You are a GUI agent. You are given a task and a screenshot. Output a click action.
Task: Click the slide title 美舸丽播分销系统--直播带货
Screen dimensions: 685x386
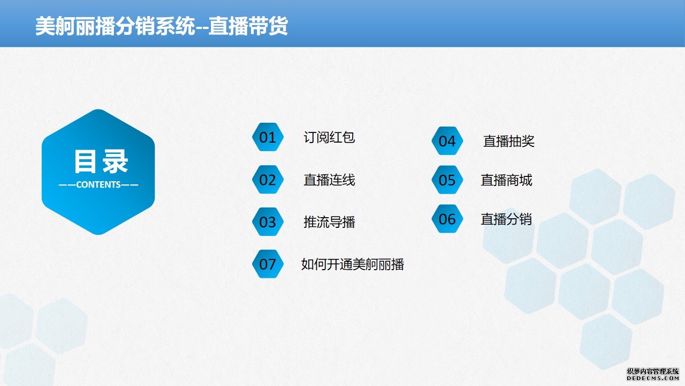pyautogui.click(x=162, y=26)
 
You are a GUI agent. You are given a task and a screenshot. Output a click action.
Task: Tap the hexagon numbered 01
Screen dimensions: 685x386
pyautogui.click(x=268, y=137)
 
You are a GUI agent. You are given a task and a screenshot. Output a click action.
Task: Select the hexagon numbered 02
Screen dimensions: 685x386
pyautogui.click(x=268, y=180)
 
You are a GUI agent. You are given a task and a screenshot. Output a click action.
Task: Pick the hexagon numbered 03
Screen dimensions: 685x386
pyautogui.click(x=268, y=222)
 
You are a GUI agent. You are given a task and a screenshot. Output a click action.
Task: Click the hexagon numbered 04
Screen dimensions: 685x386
pyautogui.click(x=447, y=141)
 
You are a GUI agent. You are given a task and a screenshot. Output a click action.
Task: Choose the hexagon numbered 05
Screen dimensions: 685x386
pyautogui.click(x=447, y=180)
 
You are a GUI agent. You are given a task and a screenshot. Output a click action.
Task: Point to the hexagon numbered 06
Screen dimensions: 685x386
pyautogui.click(x=447, y=219)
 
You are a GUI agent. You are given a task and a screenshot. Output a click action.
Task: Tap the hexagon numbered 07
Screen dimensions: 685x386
pyautogui.click(x=268, y=264)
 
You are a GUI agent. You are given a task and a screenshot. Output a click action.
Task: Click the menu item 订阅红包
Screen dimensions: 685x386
pyautogui.click(x=329, y=137)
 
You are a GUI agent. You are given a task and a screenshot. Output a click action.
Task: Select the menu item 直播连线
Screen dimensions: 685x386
pyautogui.click(x=329, y=180)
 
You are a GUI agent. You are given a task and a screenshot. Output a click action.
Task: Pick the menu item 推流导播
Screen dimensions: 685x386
pyautogui.click(x=329, y=222)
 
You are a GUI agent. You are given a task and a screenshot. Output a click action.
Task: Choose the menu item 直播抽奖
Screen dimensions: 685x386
pyautogui.click(x=508, y=141)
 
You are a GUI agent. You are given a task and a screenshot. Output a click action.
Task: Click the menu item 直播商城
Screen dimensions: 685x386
pyautogui.click(x=506, y=180)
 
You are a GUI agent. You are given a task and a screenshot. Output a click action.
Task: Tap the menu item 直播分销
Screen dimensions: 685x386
pyautogui.click(x=506, y=219)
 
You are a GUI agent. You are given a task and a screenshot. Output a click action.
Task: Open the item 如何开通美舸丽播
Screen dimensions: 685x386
pyautogui.click(x=353, y=264)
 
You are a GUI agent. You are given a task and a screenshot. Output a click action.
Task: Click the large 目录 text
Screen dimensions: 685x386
pyautogui.click(x=101, y=161)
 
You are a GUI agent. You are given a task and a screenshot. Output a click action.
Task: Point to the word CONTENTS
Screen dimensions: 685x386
pyautogui.click(x=98, y=185)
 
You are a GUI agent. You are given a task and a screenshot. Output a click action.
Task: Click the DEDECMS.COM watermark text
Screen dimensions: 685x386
pyautogui.click(x=652, y=378)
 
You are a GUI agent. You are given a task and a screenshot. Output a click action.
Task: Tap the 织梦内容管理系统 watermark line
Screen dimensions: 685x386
pyautogui.click(x=652, y=372)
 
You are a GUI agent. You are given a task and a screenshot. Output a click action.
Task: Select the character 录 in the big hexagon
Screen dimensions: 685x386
pyautogui.click(x=115, y=161)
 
